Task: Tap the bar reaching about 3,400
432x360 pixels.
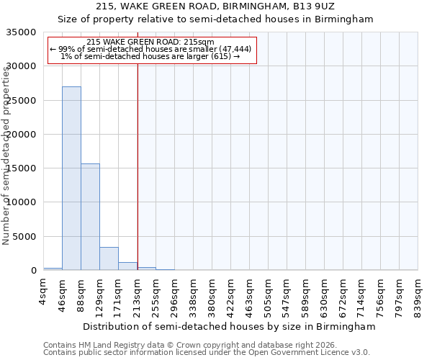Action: (109, 258)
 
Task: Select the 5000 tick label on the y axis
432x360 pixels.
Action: (24, 237)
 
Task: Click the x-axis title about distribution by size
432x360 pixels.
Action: (229, 327)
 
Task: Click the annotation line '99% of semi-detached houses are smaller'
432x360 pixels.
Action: (151, 49)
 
